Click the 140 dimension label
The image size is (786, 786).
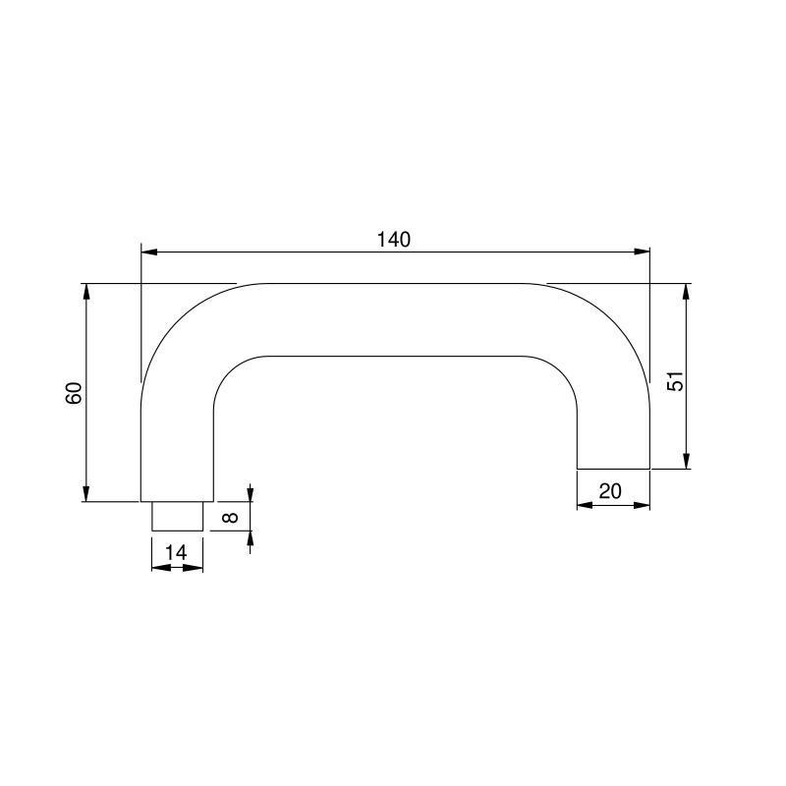point(394,240)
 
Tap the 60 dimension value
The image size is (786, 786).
point(74,393)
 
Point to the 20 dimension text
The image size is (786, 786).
point(610,491)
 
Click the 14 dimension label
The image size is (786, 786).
point(176,552)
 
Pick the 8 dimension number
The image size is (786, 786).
point(230,517)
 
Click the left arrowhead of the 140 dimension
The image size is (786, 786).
point(149,252)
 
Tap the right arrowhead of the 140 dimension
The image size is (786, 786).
point(642,252)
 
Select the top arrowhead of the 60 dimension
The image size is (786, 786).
point(86,292)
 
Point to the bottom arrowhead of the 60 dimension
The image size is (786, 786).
point(86,493)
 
